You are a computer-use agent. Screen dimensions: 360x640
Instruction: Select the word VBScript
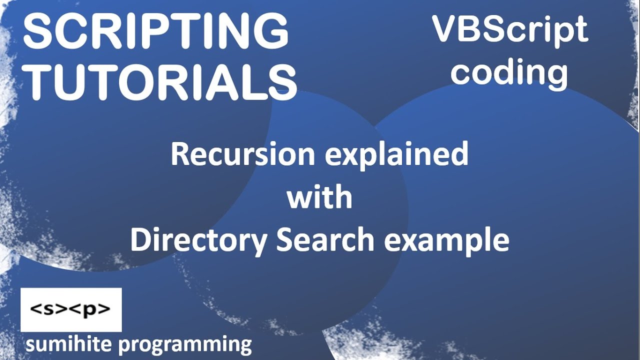510,30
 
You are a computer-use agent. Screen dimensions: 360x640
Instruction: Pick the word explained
397,155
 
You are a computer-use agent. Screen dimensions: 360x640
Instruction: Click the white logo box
71,309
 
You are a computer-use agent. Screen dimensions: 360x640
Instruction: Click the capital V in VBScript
444,29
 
